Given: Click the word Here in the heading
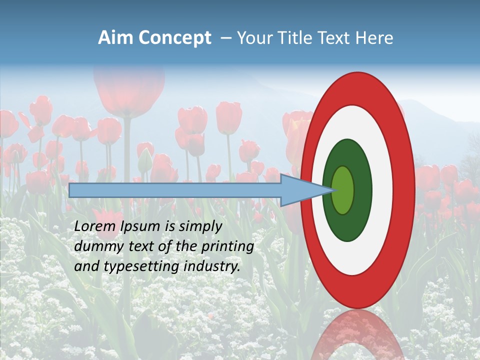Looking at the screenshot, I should click(x=374, y=38).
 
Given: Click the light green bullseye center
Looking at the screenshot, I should click(x=342, y=190).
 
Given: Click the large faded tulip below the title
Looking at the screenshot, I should click(x=129, y=90).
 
